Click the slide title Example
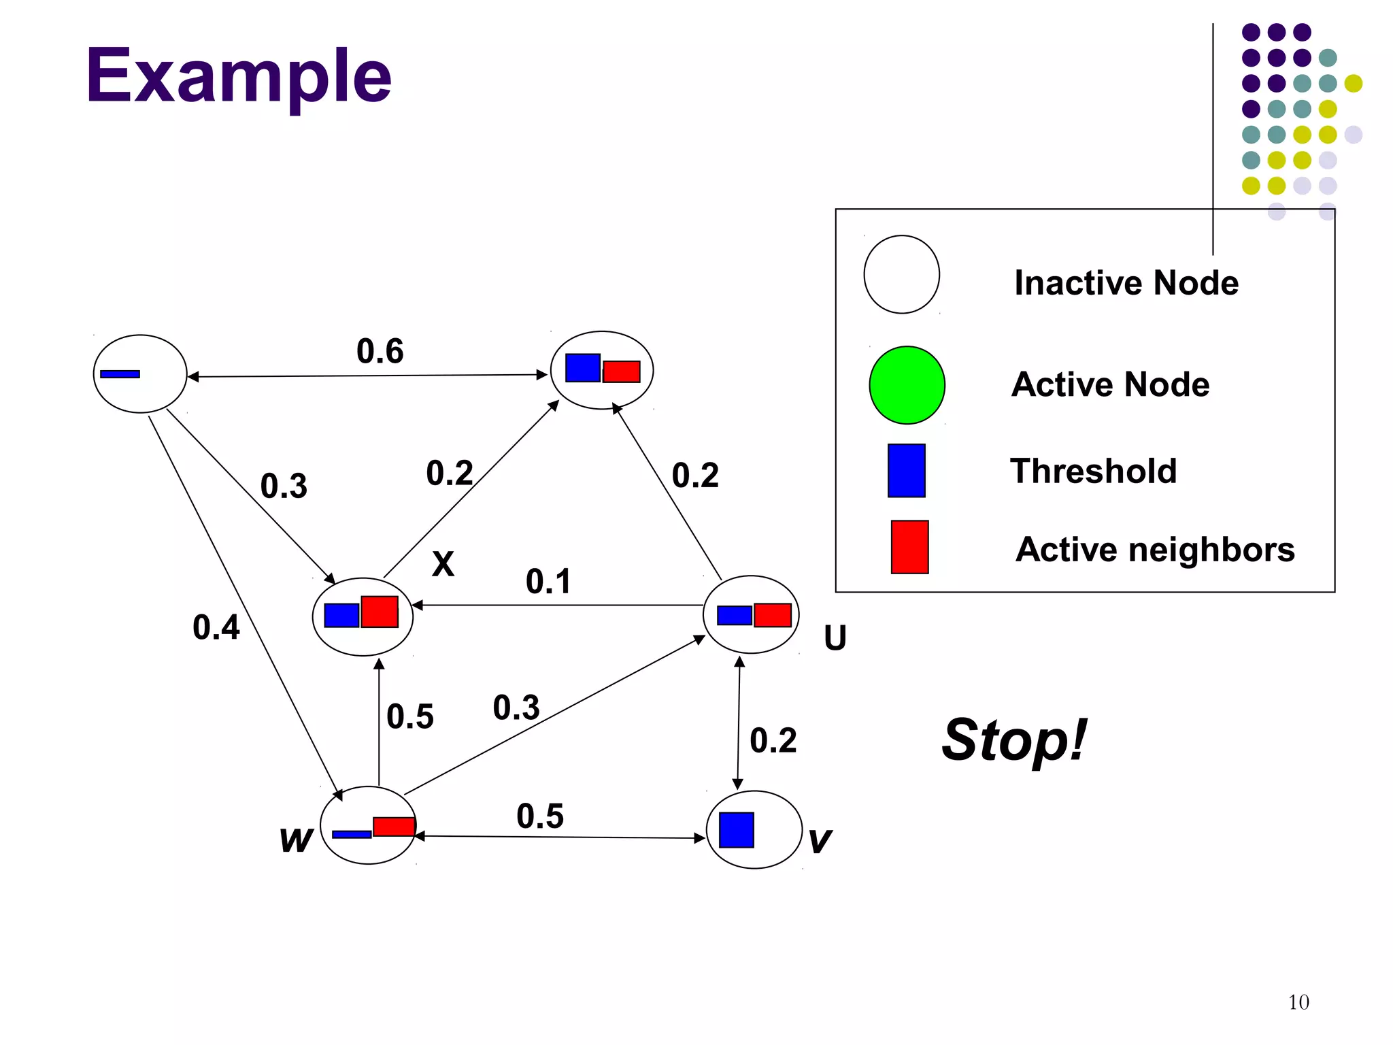pyautogui.click(x=238, y=76)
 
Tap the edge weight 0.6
pyautogui.click(x=380, y=351)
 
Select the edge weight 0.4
pyautogui.click(x=216, y=627)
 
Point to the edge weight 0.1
pyautogui.click(x=548, y=582)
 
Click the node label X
pyautogui.click(x=443, y=564)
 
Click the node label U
pyautogui.click(x=835, y=638)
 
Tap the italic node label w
pyautogui.click(x=296, y=840)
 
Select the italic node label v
pyautogui.click(x=820, y=841)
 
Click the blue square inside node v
pyautogui.click(x=737, y=830)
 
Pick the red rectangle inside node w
pyautogui.click(x=394, y=827)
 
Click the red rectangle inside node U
pyautogui.click(x=773, y=615)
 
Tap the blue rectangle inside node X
pyautogui.click(x=341, y=616)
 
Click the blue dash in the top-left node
pyautogui.click(x=120, y=374)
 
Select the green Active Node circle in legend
pyautogui.click(x=907, y=385)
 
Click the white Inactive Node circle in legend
pyautogui.click(x=901, y=274)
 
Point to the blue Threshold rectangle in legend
pyautogui.click(x=906, y=471)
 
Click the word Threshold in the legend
pyautogui.click(x=1093, y=471)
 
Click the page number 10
pyautogui.click(x=1298, y=1002)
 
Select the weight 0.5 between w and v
pyautogui.click(x=540, y=816)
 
